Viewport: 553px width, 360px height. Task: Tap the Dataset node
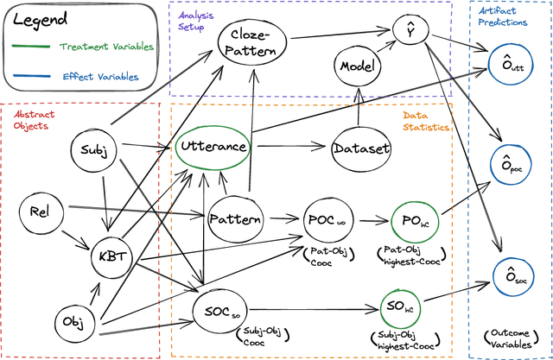click(x=361, y=148)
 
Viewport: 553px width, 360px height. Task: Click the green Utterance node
click(x=213, y=147)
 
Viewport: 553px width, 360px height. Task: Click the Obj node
click(x=73, y=322)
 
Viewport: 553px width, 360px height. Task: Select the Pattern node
click(x=235, y=219)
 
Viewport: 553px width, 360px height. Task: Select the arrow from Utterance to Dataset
click(x=290, y=147)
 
